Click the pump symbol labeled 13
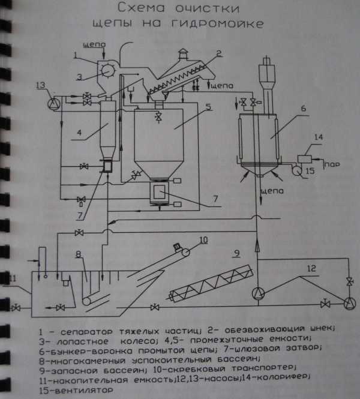coord(54,103)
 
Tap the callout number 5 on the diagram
coord(209,107)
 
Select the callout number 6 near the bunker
coord(304,109)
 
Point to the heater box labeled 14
coord(305,159)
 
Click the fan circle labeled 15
coord(296,170)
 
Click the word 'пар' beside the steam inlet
coord(332,164)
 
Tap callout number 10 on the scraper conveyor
coord(203,240)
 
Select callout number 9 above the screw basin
coord(237,253)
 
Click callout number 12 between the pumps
coord(311,268)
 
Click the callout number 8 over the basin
coord(79,254)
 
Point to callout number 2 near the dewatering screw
coord(219,53)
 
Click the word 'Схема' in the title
coord(142,8)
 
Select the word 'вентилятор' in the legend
coord(84,390)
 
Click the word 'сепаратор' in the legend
coord(86,332)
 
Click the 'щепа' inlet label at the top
coord(94,44)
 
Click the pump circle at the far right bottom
coord(350,304)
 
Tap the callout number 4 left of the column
coord(79,133)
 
